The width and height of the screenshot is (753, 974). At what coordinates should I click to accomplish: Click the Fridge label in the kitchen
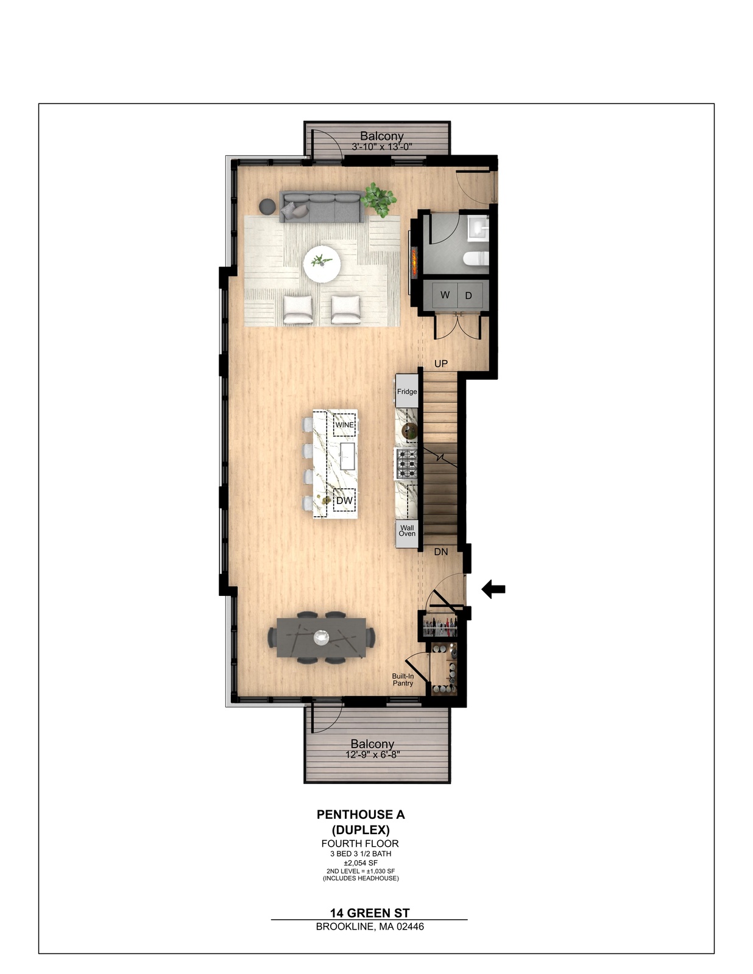click(x=407, y=391)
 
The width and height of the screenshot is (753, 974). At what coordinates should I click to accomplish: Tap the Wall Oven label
click(x=407, y=531)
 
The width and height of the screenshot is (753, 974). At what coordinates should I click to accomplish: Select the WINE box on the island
click(x=344, y=424)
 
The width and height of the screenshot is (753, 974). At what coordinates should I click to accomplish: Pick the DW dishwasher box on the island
click(x=344, y=500)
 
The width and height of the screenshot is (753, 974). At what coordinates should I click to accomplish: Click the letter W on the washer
click(x=445, y=295)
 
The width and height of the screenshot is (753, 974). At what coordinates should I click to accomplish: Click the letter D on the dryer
click(x=468, y=296)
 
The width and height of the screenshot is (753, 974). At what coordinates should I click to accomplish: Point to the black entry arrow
click(x=493, y=589)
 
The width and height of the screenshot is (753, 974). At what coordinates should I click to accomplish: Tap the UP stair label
click(x=441, y=363)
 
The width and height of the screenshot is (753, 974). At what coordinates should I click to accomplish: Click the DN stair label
click(x=441, y=552)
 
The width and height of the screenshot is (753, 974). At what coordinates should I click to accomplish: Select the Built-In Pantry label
click(x=403, y=679)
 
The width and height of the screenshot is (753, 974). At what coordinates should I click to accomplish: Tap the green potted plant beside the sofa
click(x=379, y=200)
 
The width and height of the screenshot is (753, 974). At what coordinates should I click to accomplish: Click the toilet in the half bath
click(x=475, y=259)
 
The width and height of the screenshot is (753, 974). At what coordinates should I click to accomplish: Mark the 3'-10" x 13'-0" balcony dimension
click(x=381, y=147)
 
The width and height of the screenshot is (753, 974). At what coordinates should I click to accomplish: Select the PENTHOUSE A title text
click(x=361, y=814)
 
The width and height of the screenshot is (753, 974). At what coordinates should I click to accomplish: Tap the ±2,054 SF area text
click(x=361, y=863)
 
